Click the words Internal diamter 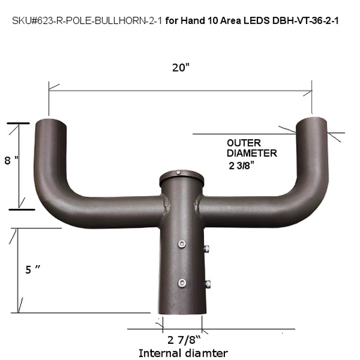[184, 352]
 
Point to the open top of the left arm [52, 123]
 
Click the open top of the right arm [312, 122]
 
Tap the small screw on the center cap [180, 173]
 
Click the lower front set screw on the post [182, 283]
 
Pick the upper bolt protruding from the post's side [207, 249]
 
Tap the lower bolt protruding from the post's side [207, 284]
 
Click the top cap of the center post [180, 176]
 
